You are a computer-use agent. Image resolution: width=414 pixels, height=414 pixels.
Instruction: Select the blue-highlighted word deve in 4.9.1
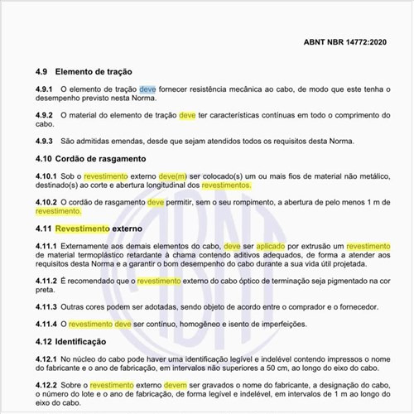pos(147,89)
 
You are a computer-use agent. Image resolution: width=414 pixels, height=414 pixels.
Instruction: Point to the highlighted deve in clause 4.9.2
pos(187,115)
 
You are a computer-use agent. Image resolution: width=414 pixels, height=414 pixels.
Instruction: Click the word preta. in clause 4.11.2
pos(46,291)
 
